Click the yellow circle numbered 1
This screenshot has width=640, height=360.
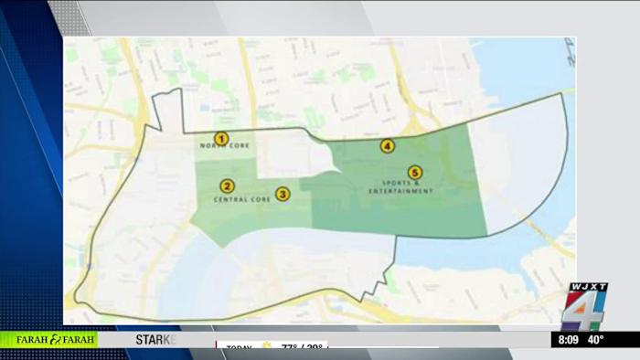[x=219, y=139]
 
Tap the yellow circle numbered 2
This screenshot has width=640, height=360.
[x=228, y=185]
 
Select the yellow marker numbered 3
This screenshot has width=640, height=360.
[x=283, y=194]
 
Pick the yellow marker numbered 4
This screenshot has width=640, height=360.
[x=388, y=145]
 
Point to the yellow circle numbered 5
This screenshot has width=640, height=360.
[x=414, y=172]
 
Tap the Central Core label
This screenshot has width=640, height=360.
[x=241, y=198]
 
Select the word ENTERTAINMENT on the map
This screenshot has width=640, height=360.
[x=400, y=192]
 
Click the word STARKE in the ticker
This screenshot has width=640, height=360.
[x=155, y=340]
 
